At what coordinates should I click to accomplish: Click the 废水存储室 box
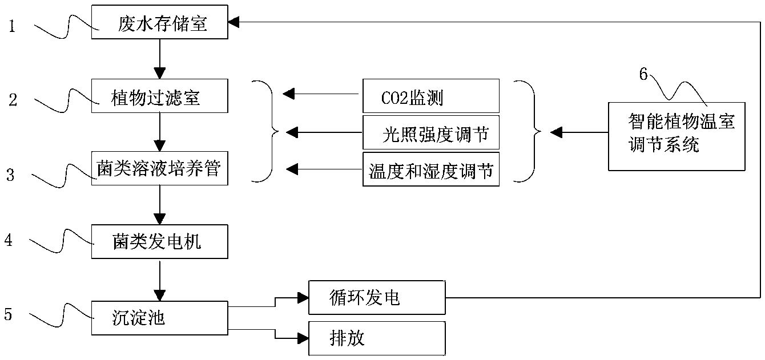tap(159, 22)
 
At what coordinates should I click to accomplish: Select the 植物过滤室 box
tap(159, 96)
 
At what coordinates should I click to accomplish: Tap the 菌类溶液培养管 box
tap(159, 168)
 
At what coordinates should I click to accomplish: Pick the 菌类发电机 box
tap(159, 241)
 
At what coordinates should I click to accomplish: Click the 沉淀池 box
tap(159, 318)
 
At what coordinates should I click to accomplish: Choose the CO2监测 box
tap(430, 96)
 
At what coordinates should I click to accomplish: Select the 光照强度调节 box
tap(430, 132)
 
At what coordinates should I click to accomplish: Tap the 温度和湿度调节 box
tap(430, 169)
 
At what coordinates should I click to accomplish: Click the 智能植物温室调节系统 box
tap(677, 136)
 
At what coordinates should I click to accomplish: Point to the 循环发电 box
tap(377, 298)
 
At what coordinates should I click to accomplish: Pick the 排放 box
tap(377, 338)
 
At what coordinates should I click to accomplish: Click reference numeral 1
tap(13, 26)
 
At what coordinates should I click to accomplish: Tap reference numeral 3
tap(11, 175)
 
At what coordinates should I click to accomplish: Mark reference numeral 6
tap(643, 74)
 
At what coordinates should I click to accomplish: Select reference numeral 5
tap(8, 314)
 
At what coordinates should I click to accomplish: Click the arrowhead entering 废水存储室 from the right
tap(233, 22)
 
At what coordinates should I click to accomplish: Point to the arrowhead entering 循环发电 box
tap(303, 298)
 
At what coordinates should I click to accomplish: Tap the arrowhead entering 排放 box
tap(303, 338)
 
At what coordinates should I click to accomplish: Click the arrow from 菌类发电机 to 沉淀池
tap(160, 280)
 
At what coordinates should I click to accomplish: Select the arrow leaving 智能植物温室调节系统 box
tap(579, 132)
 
